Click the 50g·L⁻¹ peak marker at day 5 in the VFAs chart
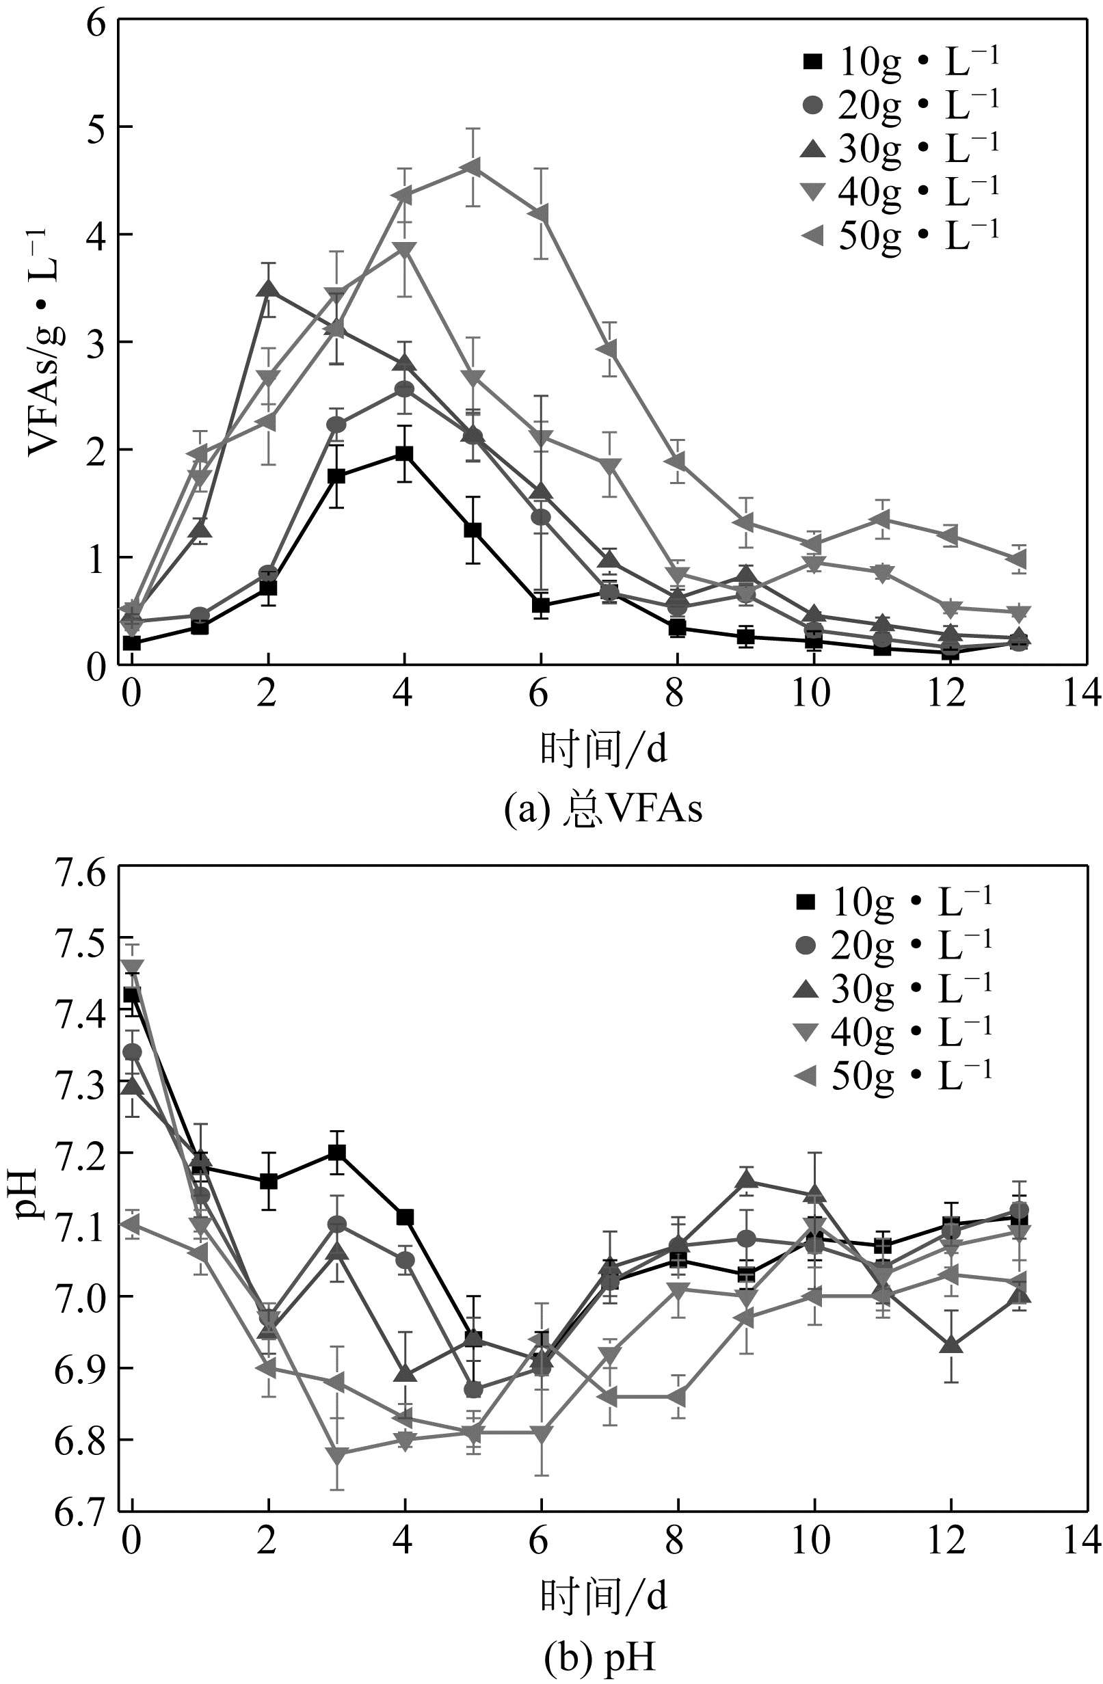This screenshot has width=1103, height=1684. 472,168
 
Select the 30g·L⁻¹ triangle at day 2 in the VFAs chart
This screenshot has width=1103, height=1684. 268,289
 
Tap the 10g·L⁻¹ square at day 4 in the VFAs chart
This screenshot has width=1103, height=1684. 404,453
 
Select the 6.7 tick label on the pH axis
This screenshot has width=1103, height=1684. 77,1512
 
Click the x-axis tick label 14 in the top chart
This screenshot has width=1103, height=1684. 1080,694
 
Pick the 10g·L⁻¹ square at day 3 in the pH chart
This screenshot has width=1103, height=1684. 336,1153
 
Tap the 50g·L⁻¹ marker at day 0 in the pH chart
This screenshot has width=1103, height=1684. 131,1223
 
